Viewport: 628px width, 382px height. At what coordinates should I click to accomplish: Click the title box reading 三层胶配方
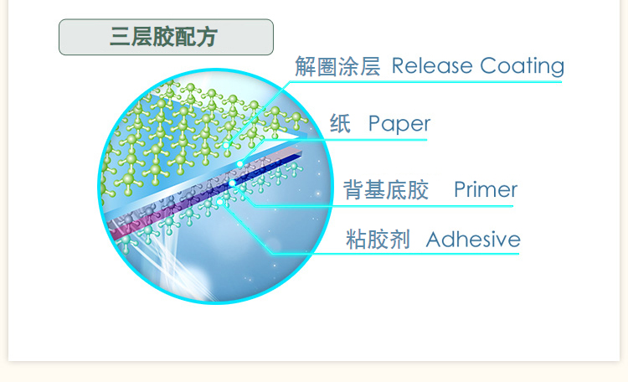click(166, 38)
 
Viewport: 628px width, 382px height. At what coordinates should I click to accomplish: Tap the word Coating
click(522, 66)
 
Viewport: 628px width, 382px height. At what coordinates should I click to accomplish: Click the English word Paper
click(399, 125)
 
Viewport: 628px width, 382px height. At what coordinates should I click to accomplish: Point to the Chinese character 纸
click(340, 124)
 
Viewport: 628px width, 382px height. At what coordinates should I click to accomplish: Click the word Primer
click(486, 190)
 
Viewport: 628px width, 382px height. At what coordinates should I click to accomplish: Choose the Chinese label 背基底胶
click(386, 190)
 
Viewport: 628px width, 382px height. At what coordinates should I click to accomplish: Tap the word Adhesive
click(473, 240)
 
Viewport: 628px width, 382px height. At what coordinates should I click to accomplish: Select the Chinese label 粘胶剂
click(378, 240)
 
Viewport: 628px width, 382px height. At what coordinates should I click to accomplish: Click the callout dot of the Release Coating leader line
click(227, 143)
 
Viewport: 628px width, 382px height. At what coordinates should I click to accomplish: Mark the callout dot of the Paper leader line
click(239, 163)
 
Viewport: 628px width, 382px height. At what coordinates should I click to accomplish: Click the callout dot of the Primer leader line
click(232, 183)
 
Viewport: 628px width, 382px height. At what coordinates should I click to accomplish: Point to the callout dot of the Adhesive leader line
click(220, 201)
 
